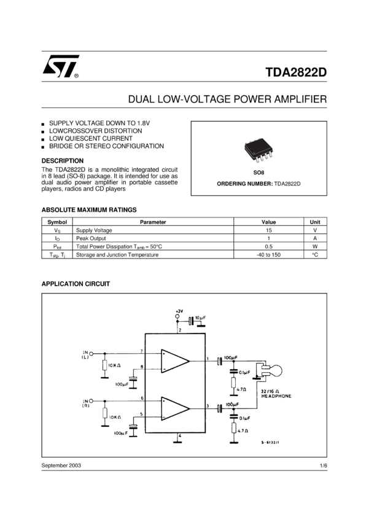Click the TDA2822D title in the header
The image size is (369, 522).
pos(296,72)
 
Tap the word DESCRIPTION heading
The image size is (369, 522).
pos(62,161)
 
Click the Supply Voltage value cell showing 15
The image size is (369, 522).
pos(268,230)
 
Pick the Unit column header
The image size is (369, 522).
pos(315,222)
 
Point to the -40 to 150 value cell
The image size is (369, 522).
pos(268,254)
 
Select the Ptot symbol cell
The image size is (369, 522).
pos(57,246)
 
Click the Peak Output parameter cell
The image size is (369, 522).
pos(91,238)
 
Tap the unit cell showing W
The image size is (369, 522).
pos(315,246)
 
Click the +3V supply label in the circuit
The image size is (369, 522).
pos(179,311)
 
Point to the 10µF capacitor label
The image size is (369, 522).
pos(200,317)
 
